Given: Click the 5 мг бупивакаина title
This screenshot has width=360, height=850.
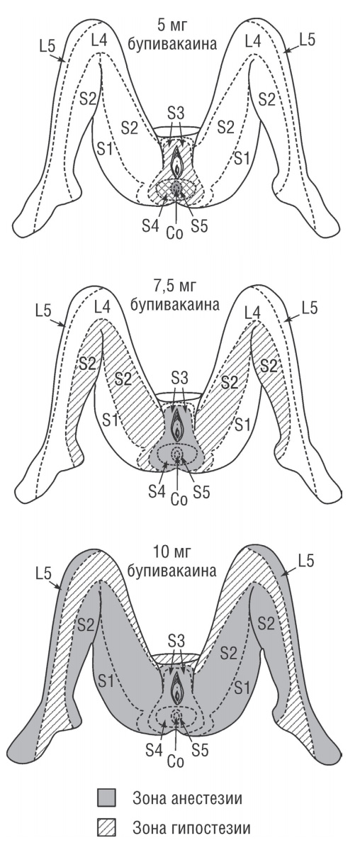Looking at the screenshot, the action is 172,34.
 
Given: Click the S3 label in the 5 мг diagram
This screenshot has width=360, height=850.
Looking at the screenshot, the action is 176,114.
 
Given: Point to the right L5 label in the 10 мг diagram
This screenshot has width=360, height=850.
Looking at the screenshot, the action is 305,561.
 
